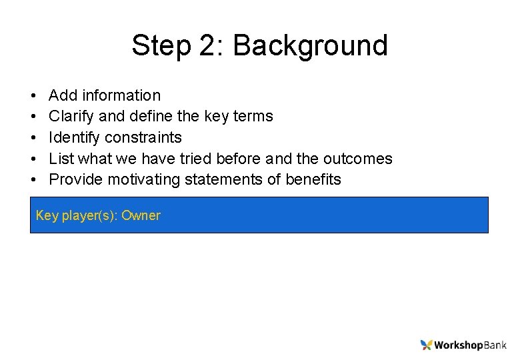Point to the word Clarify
(x=72, y=116)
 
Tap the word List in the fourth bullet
(x=61, y=159)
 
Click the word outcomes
(x=357, y=159)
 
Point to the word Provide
(x=76, y=179)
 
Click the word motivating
(x=142, y=179)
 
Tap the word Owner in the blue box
(x=141, y=215)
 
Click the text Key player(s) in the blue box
(x=75, y=215)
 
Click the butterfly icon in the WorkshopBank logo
(x=426, y=345)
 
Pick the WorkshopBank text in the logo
(x=470, y=345)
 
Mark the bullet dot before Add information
(x=33, y=96)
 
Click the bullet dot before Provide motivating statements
(x=33, y=180)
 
